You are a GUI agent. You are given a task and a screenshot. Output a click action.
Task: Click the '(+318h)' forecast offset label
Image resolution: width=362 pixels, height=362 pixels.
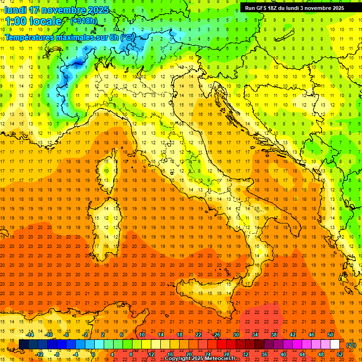point(83,21)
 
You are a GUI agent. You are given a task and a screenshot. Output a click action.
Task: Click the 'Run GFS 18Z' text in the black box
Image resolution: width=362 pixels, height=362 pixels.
point(262,8)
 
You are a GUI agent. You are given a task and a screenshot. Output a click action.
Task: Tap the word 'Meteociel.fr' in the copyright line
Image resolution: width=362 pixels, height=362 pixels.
point(220,359)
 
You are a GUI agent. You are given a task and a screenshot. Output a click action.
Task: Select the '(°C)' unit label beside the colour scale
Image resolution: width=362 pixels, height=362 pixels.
point(351,345)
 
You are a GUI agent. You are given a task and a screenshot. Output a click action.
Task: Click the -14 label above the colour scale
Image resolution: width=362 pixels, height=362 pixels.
point(30,335)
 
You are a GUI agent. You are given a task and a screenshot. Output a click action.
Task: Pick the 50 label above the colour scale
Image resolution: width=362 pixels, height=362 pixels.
point(330,335)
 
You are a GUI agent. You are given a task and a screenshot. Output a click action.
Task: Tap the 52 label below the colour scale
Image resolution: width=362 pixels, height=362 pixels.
point(340,354)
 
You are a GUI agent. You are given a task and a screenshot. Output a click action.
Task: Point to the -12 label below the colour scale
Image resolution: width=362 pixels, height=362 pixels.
point(39,354)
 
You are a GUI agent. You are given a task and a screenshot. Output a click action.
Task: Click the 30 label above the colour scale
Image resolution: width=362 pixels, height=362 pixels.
point(236,335)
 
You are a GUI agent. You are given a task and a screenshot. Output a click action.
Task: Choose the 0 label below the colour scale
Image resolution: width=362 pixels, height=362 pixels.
point(94,354)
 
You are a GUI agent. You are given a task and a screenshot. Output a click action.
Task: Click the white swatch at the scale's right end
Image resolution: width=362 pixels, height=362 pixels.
point(335,345)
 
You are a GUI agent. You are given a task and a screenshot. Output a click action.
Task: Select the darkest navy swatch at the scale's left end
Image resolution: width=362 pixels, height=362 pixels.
point(24,345)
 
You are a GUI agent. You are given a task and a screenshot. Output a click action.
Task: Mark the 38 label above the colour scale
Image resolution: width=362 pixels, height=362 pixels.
point(274,335)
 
